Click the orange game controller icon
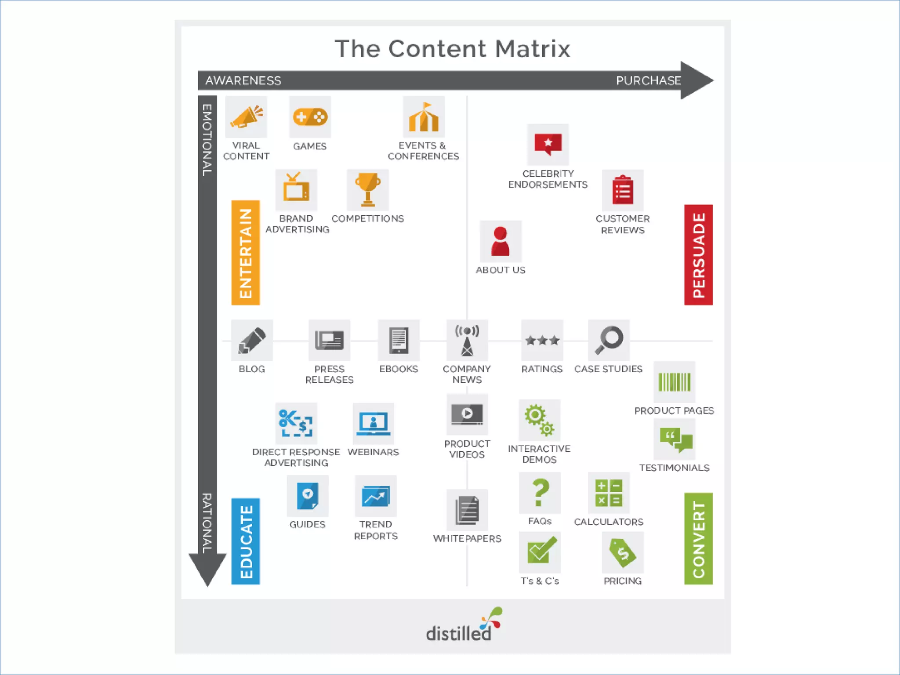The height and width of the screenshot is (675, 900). point(310,117)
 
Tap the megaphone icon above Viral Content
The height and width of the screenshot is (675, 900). point(246,117)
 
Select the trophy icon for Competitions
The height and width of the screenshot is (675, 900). point(368,189)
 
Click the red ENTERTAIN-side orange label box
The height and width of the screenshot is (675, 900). point(246,253)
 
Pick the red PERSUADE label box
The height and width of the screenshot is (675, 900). point(698,255)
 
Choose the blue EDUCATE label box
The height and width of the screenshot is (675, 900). point(246,541)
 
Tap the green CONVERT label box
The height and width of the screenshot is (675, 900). point(698,539)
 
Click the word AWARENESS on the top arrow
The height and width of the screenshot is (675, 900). point(243,80)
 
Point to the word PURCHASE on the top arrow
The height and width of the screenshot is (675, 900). point(648,80)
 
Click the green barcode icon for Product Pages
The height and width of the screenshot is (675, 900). point(674,382)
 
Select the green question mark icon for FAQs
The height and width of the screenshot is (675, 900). point(540,493)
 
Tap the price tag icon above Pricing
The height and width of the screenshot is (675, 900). point(623,552)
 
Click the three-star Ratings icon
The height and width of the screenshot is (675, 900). point(542,340)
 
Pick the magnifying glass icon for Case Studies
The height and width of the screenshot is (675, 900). point(609,340)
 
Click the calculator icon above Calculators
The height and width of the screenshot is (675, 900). point(609,493)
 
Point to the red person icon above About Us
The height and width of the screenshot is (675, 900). point(501,241)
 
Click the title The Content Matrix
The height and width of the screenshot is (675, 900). point(453,48)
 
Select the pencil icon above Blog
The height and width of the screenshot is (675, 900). point(252,340)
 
